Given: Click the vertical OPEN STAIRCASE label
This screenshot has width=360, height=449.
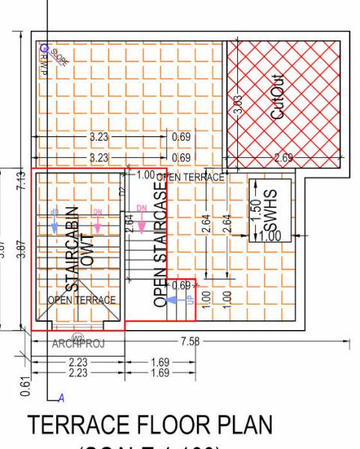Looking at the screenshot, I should click(x=159, y=244).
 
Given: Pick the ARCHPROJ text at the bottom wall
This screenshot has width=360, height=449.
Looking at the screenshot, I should click(x=78, y=344).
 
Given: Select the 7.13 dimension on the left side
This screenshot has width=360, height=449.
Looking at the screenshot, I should click(x=21, y=181).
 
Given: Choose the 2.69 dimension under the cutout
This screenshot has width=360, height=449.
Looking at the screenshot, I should click(x=284, y=157).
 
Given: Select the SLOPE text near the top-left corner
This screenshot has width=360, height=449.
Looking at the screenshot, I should click(x=59, y=58).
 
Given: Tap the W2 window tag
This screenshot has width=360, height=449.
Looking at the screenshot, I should click(x=77, y=336).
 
